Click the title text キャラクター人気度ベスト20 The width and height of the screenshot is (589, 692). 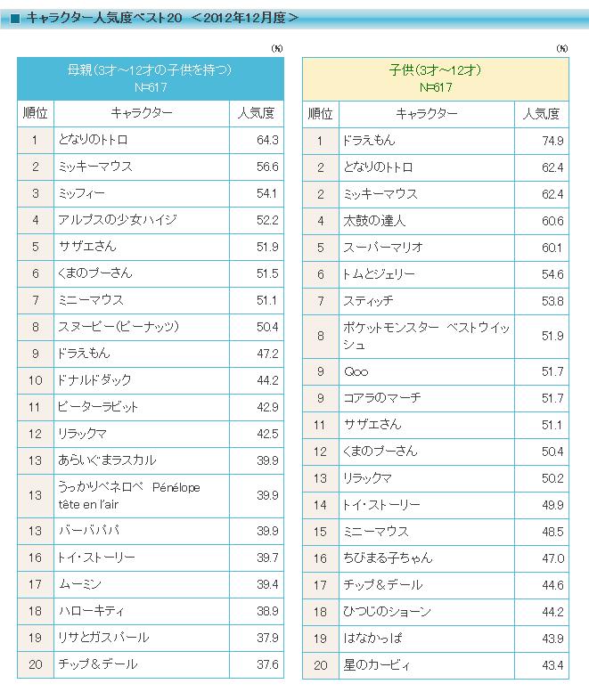[x=103, y=17]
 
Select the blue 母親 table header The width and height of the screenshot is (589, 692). [x=150, y=78]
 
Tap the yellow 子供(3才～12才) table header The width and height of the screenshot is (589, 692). [x=435, y=78]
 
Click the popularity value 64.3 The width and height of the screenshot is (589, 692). [x=266, y=140]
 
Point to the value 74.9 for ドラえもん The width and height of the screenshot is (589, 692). [x=552, y=140]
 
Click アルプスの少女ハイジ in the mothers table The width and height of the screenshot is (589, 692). [x=117, y=220]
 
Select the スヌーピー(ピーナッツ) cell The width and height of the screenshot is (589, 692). [x=119, y=327]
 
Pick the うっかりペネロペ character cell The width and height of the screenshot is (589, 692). [x=129, y=494]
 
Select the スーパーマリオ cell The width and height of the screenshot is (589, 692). [x=383, y=247]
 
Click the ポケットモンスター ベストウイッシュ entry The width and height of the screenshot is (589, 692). [x=425, y=336]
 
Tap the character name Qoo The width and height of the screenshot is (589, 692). [x=356, y=371]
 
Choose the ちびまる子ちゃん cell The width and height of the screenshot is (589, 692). [x=388, y=558]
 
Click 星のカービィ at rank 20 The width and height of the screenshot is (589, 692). [x=377, y=664]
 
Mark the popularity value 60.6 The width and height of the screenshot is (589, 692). [x=552, y=220]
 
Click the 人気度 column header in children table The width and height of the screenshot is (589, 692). [x=542, y=113]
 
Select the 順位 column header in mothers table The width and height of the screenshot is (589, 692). [x=35, y=113]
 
